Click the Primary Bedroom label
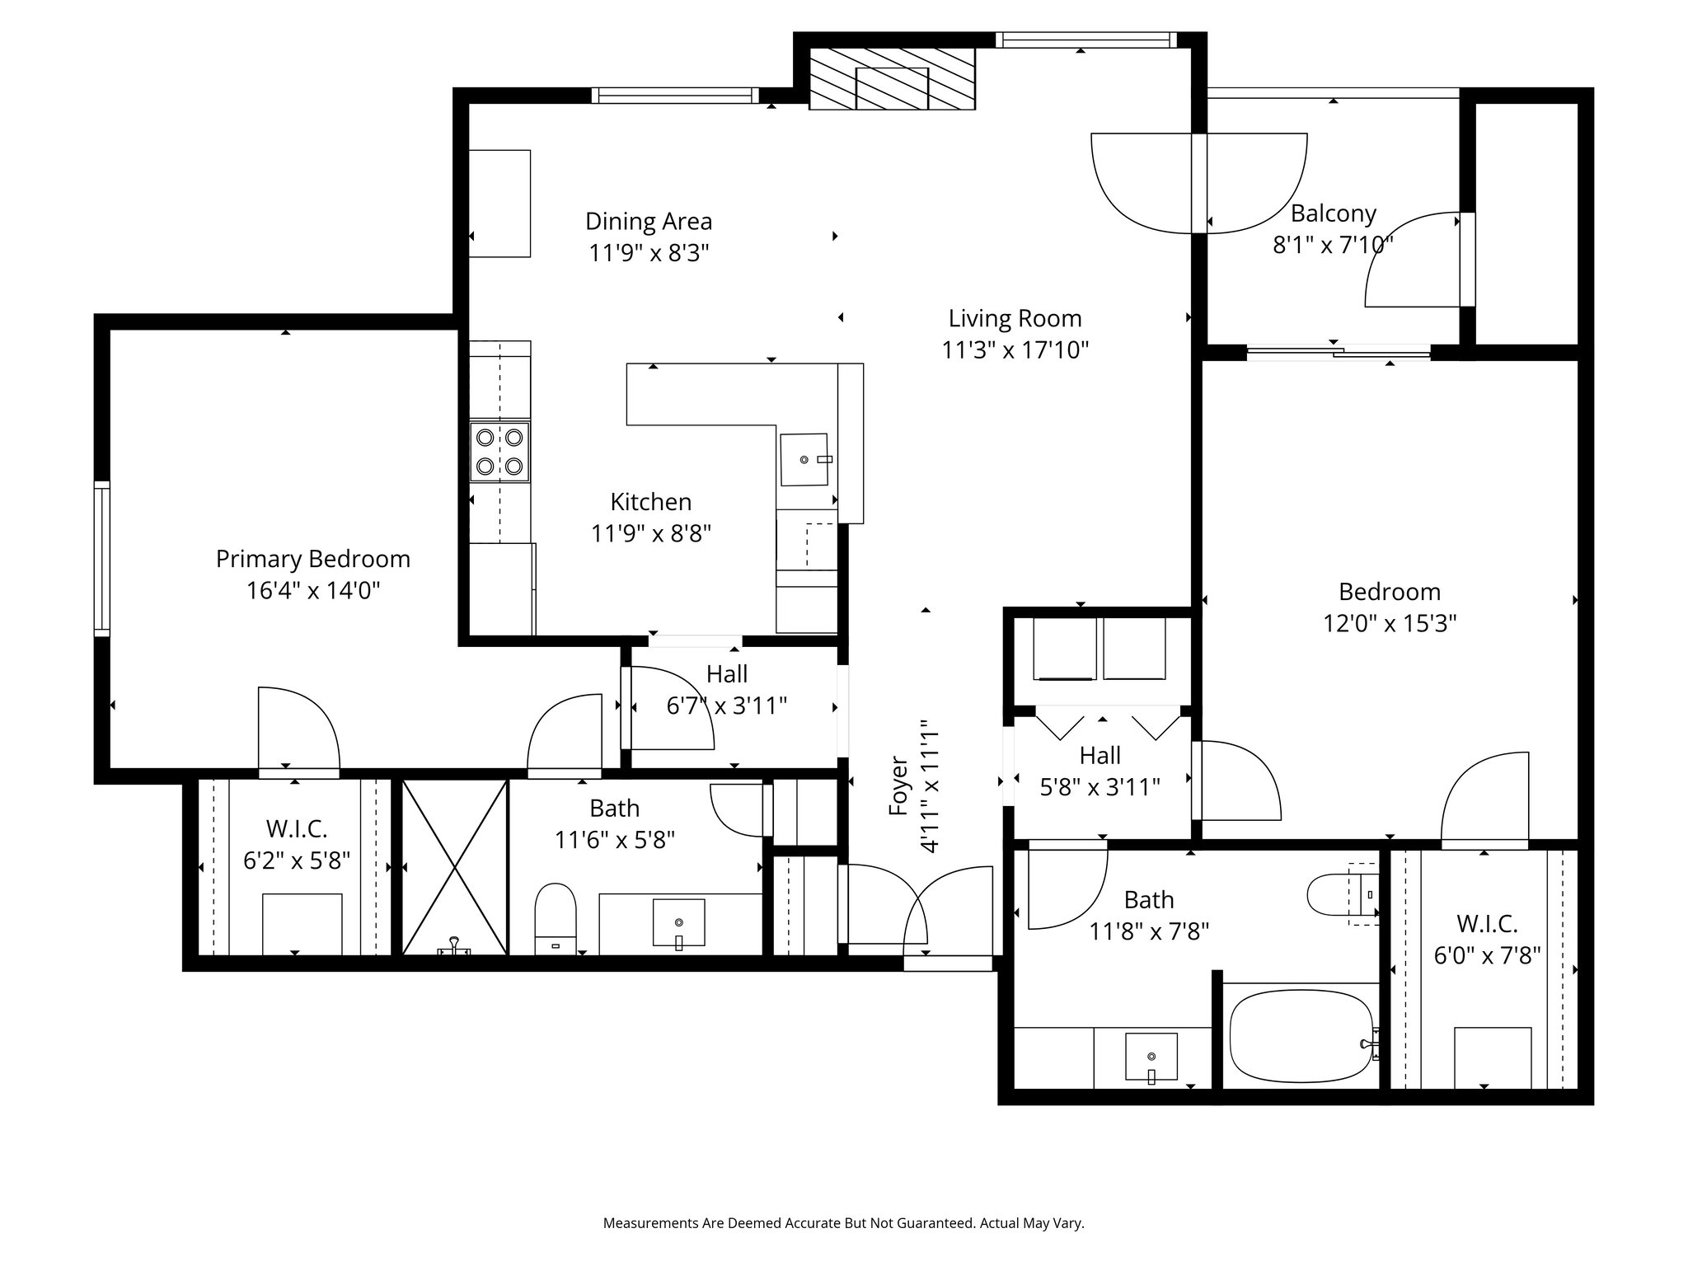313,559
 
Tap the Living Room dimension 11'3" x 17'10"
1015,350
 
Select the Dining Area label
649,221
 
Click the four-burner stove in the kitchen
499,452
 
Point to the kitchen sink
804,459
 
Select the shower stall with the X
454,867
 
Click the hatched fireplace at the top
892,78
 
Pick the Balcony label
1334,213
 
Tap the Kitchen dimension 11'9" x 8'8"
651,533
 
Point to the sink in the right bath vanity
1151,1057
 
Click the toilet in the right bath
1342,894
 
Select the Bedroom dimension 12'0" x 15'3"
1390,623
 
